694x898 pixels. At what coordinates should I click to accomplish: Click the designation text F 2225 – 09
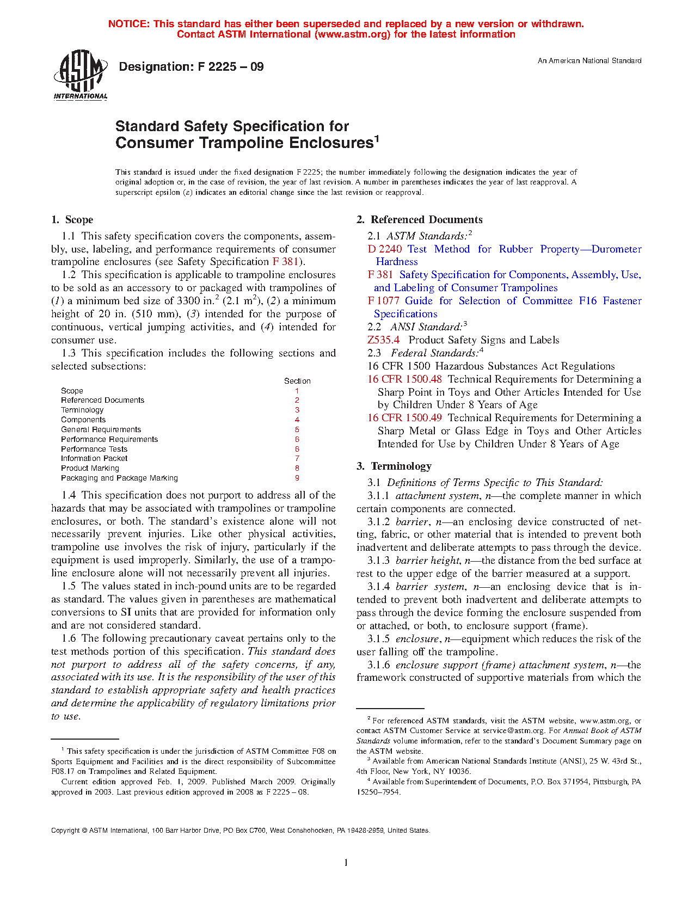[x=191, y=67]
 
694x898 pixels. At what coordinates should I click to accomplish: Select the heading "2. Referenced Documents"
[x=419, y=220]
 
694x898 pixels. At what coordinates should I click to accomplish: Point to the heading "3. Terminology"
[x=394, y=466]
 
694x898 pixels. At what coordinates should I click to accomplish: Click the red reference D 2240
[x=385, y=249]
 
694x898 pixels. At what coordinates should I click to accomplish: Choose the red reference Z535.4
[x=383, y=340]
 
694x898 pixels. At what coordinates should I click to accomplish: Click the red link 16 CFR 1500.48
[x=404, y=379]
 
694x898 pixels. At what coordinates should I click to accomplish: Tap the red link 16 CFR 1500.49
[x=404, y=418]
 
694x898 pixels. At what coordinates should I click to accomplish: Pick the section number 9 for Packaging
[x=297, y=478]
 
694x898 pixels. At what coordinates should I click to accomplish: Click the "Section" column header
[x=297, y=381]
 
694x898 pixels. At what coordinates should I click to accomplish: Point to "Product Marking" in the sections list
[x=90, y=469]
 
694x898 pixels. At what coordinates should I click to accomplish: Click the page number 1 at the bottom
[x=346, y=863]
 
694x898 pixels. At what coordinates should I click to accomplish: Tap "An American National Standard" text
[x=589, y=61]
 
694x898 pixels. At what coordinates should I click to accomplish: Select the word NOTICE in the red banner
[x=128, y=24]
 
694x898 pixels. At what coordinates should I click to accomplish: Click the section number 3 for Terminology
[x=297, y=410]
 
